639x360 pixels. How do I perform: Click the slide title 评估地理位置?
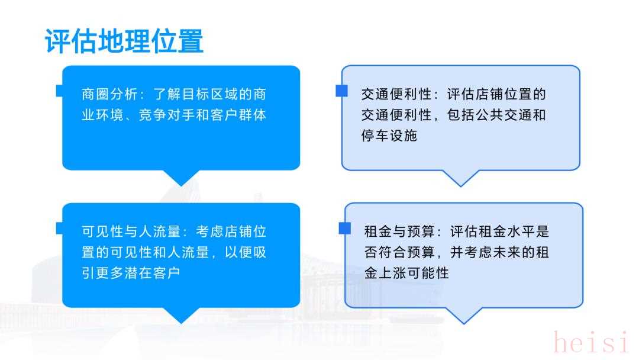[124, 41]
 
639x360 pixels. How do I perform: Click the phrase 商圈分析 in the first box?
[109, 94]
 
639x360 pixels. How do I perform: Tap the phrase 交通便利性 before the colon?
[396, 94]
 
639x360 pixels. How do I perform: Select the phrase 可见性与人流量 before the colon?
[131, 232]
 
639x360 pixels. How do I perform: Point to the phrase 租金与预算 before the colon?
[399, 232]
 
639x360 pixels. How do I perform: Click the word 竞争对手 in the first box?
[167, 115]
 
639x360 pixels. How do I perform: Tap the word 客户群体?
[238, 115]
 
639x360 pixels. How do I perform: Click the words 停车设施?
[389, 136]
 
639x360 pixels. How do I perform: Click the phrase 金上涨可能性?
[406, 273]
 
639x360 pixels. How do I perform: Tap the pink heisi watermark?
[592, 342]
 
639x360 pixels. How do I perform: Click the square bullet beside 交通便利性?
[341, 91]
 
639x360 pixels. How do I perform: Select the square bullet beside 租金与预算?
[345, 229]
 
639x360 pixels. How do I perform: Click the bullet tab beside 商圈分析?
[60, 91]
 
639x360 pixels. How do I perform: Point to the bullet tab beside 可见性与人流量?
[60, 229]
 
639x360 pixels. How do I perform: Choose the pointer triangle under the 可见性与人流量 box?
[182, 315]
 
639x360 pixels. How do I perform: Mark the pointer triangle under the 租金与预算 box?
[464, 316]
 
